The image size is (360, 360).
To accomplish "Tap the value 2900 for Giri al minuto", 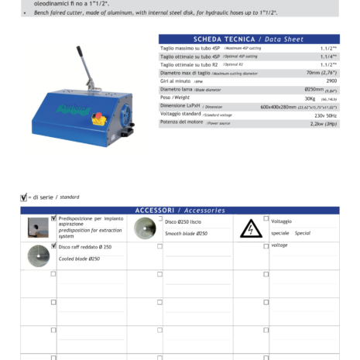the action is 331,81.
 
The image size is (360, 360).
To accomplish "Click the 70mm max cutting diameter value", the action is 321,72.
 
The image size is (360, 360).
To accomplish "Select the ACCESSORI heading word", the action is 154,211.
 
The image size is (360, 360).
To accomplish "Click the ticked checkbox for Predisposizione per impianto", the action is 53,218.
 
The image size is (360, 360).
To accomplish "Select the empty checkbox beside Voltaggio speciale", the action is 266,219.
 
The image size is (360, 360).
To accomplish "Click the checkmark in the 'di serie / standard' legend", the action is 23,197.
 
